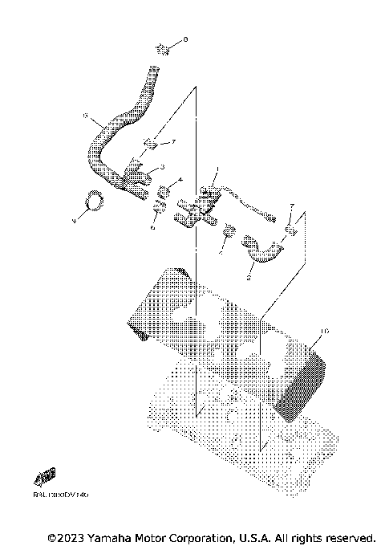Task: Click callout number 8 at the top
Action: (x=185, y=39)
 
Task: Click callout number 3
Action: (x=163, y=167)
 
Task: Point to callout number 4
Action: (x=180, y=180)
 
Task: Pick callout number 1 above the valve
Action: (x=216, y=170)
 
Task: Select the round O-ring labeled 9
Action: (x=93, y=200)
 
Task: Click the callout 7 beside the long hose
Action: (x=171, y=142)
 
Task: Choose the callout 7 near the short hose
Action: (x=292, y=206)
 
